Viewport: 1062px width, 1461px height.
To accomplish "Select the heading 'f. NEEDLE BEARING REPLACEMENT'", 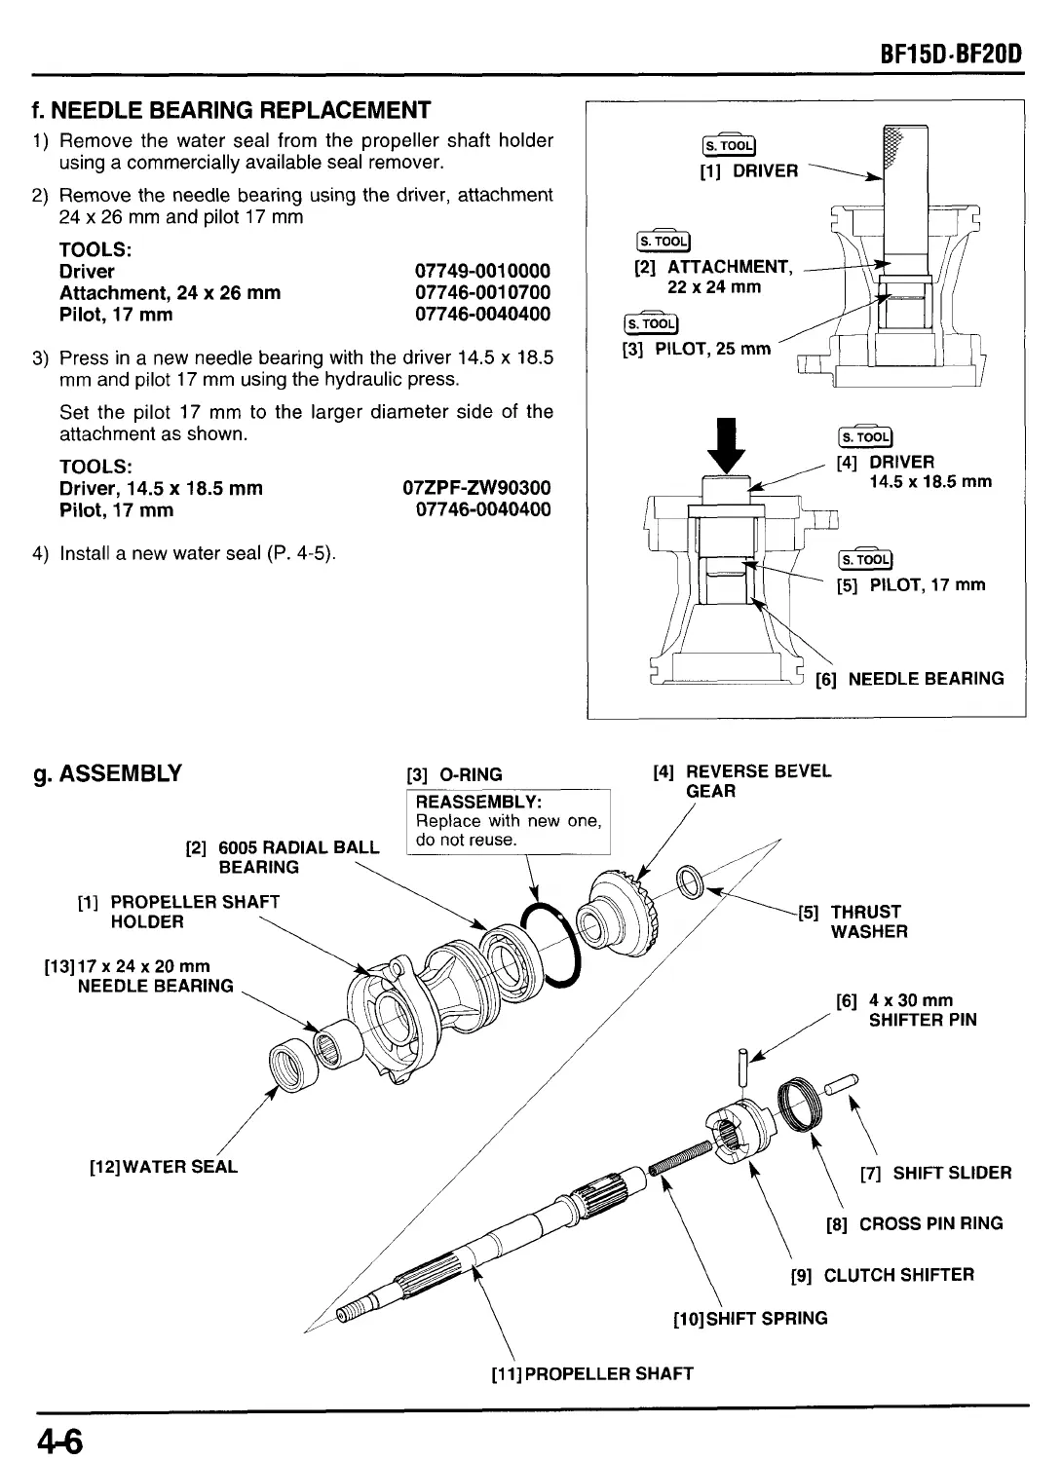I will [x=231, y=109].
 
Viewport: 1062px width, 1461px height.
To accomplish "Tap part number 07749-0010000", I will [x=482, y=271].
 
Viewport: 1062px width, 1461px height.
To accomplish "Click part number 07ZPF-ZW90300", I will [x=476, y=487].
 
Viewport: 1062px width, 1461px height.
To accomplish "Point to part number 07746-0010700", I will [x=482, y=292].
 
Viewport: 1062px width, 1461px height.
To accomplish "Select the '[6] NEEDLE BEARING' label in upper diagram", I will [x=910, y=679].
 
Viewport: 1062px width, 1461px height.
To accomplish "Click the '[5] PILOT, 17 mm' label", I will [x=911, y=585].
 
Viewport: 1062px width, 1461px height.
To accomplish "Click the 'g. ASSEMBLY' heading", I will [x=107, y=774].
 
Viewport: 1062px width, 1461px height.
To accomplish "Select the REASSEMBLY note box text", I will [x=508, y=821].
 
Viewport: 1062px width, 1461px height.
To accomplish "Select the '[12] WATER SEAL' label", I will [x=163, y=1166].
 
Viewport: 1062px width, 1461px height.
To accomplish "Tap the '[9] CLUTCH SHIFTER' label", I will [x=882, y=1275].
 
